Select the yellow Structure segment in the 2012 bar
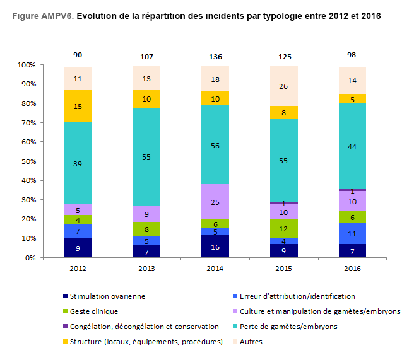[x=78, y=106]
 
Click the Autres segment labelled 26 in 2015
[x=283, y=86]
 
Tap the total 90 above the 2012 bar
[x=78, y=55]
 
